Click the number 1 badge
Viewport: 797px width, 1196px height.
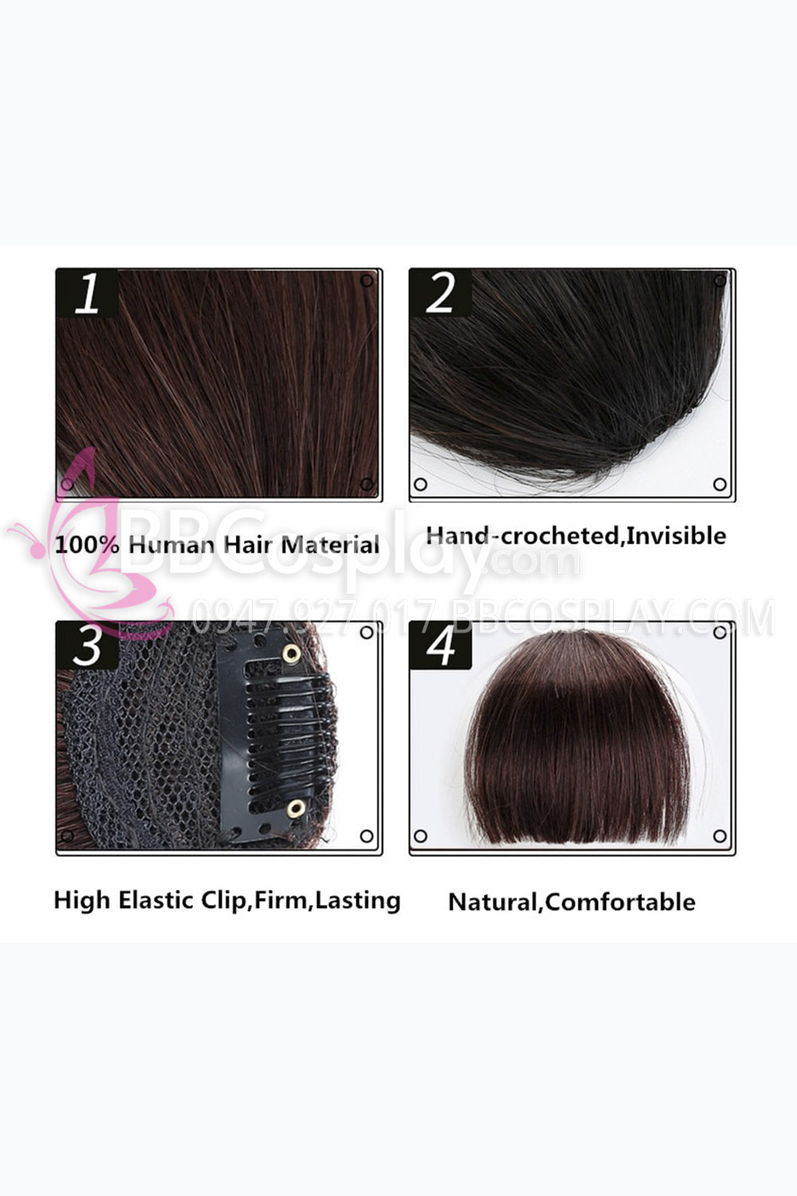88,293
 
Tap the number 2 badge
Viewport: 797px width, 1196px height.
441,293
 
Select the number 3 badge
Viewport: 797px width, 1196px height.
88,645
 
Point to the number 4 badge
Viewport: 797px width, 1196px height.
441,645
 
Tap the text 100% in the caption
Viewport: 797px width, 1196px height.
87,545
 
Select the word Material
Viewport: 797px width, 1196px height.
330,545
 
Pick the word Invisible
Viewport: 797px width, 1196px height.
676,536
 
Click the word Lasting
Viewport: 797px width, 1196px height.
357,900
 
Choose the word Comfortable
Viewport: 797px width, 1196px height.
620,903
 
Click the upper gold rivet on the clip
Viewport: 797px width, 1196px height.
292,652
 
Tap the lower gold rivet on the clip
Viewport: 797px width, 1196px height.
296,809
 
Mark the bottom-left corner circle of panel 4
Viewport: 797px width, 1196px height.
421,836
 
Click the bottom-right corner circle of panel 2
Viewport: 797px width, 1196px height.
720,484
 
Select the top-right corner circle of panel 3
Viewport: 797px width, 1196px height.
367,633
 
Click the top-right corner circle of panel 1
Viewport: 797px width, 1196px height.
367,281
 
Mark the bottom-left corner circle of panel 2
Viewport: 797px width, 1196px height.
421,484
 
